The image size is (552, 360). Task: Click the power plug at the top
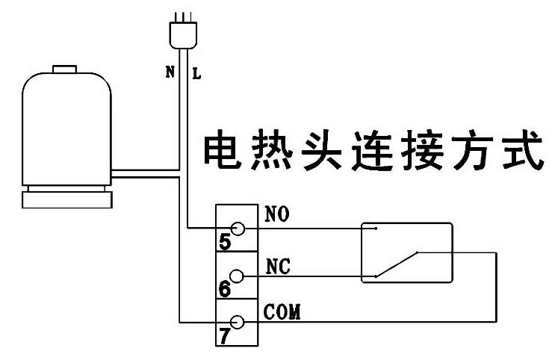184,34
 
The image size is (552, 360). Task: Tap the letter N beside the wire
170,73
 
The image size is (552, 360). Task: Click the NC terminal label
278,266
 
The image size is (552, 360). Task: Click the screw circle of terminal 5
238,228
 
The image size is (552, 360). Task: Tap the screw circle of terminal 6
238,276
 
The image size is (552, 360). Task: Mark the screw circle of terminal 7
238,322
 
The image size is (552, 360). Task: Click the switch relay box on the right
406,252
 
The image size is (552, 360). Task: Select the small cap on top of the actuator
64,71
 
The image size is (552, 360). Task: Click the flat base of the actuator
68,199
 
